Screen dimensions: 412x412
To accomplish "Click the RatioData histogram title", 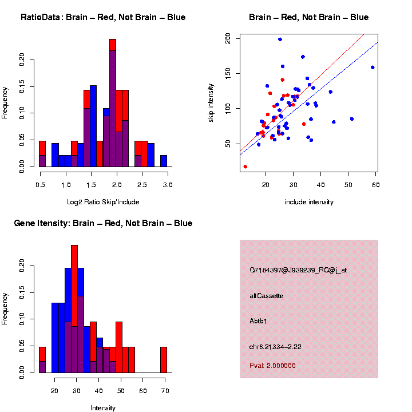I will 103,17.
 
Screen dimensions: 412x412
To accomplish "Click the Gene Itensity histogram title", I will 103,223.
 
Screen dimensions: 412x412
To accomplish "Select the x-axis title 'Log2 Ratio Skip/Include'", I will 103,201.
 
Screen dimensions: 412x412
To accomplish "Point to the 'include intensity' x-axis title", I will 309,201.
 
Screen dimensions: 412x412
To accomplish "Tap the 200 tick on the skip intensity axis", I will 228,38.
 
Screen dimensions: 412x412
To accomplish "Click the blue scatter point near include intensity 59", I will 373,67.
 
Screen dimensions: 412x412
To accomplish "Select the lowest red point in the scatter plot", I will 245,167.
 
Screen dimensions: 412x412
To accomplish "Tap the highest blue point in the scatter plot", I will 280,39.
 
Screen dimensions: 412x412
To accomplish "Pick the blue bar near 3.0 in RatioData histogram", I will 164,161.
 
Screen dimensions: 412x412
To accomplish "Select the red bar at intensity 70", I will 164,360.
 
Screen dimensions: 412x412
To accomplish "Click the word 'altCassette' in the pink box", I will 267,296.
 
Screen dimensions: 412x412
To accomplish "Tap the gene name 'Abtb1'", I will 258,320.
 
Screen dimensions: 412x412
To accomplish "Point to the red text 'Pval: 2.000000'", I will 272,365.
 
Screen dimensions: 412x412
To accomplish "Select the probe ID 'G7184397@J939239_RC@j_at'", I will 298,270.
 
